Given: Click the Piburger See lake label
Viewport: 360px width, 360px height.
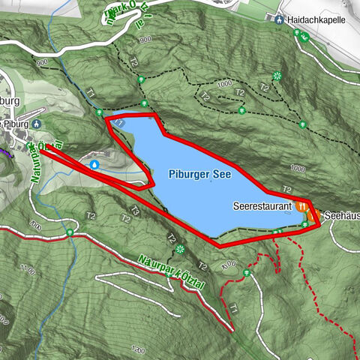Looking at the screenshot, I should tap(199, 174).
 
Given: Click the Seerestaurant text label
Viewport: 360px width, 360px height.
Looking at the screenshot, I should tap(262, 205).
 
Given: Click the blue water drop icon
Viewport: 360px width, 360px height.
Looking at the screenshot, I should tap(94, 163).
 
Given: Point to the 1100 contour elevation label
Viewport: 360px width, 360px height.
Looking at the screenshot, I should tap(28, 268).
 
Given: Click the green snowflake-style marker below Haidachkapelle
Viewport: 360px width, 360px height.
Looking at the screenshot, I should tap(277, 75).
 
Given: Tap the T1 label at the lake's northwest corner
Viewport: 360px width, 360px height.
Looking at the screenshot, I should tap(118, 120).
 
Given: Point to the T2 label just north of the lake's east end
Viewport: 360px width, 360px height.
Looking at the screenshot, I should tap(286, 190).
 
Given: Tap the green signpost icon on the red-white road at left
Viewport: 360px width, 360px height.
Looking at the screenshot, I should tap(69, 232).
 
